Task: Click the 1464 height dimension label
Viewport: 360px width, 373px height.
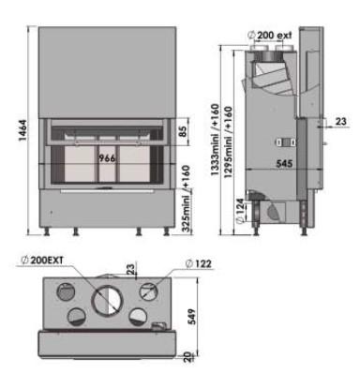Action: (x=23, y=130)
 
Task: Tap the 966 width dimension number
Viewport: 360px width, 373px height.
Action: (x=107, y=158)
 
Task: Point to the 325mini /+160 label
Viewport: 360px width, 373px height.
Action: (x=186, y=199)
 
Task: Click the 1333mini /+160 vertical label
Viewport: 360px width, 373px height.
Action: (x=215, y=141)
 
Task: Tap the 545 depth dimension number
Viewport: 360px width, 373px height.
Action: (x=284, y=164)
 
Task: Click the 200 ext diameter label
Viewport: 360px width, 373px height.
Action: (x=270, y=35)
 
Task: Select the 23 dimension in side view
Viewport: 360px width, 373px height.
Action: (x=341, y=121)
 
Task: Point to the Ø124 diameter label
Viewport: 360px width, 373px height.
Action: (x=240, y=211)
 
